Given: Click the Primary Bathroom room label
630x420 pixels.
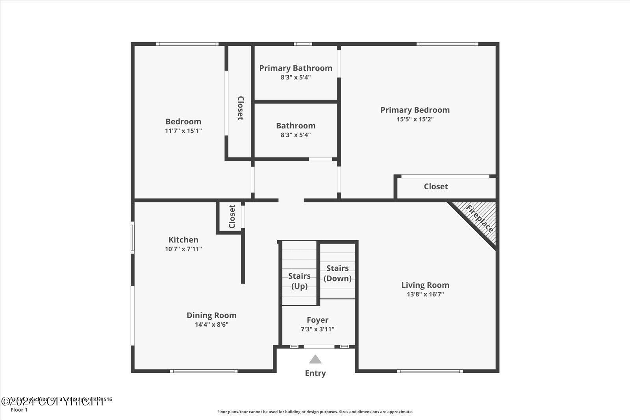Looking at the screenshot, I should click(x=295, y=68).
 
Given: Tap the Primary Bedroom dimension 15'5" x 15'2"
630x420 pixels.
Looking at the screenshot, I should click(x=415, y=119).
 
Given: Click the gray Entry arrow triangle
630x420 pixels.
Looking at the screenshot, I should click(x=315, y=359).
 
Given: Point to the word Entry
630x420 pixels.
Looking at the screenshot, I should click(x=315, y=373).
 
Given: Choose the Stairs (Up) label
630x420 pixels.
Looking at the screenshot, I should click(x=299, y=281).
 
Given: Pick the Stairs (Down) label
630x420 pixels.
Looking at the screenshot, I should click(x=337, y=273).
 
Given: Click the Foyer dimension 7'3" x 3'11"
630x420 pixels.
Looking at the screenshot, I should click(x=317, y=329).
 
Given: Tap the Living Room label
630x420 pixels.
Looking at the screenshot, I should click(x=425, y=285).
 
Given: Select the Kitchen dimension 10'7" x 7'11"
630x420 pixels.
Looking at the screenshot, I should click(x=183, y=249).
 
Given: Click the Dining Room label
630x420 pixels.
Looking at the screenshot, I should click(x=211, y=315).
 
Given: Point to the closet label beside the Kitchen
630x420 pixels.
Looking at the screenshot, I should click(x=232, y=216).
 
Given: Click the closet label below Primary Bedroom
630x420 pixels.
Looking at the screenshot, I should click(x=435, y=187).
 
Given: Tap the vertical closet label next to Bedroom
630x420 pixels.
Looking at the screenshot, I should click(x=240, y=108).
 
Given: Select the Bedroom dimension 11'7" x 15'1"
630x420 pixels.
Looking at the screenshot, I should click(x=183, y=131).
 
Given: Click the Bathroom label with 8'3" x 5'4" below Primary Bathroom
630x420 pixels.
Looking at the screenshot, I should click(x=295, y=126).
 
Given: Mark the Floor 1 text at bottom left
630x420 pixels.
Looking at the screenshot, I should click(x=19, y=410).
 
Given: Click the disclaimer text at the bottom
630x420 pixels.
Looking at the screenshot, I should click(x=315, y=412).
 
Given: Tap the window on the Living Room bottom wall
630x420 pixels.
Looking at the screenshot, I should click(x=430, y=371).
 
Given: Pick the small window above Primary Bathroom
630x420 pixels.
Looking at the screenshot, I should click(x=302, y=44).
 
